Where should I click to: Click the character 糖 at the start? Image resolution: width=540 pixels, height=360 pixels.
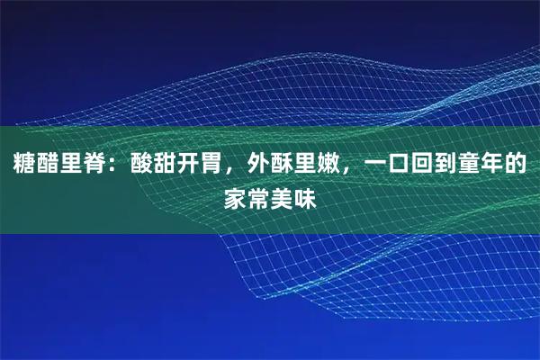pyautogui.click(x=23, y=165)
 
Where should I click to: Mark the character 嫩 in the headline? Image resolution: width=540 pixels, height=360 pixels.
pyautogui.click(x=329, y=165)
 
